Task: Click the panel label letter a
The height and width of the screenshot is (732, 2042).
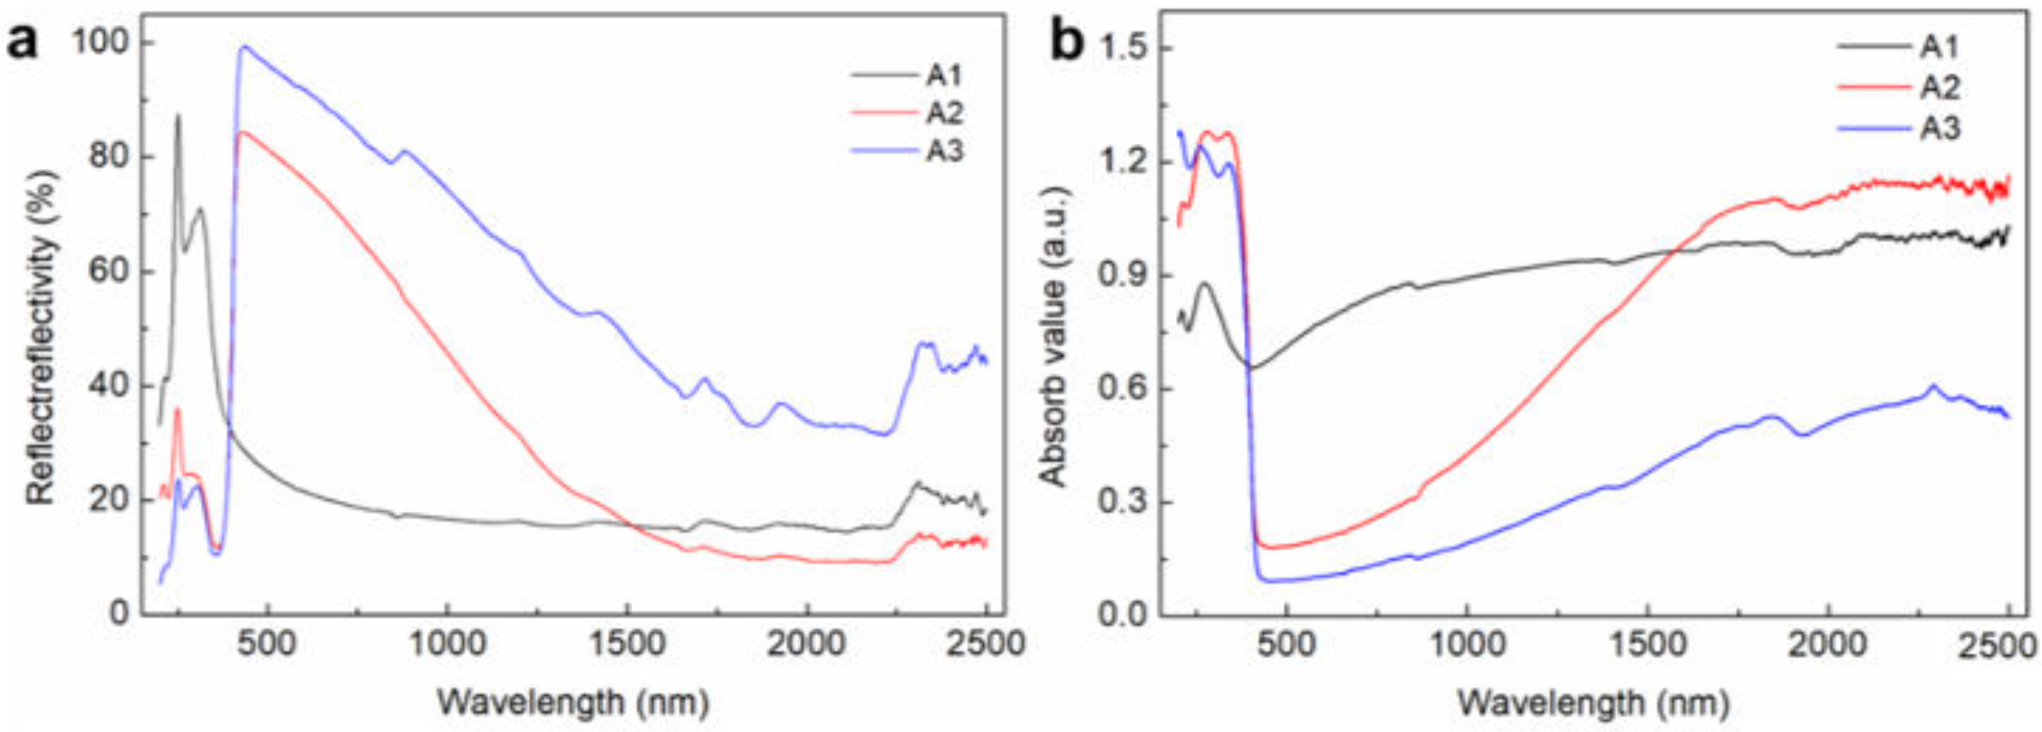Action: (x=22, y=42)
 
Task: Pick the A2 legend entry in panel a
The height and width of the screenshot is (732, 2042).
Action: (x=944, y=113)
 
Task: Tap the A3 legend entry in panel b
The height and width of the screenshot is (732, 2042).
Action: (x=1938, y=127)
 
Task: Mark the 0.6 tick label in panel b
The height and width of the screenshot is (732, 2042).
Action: (x=1123, y=389)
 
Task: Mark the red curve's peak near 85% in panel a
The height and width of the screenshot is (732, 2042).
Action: (x=241, y=132)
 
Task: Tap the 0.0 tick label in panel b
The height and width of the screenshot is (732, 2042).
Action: (x=1123, y=615)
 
